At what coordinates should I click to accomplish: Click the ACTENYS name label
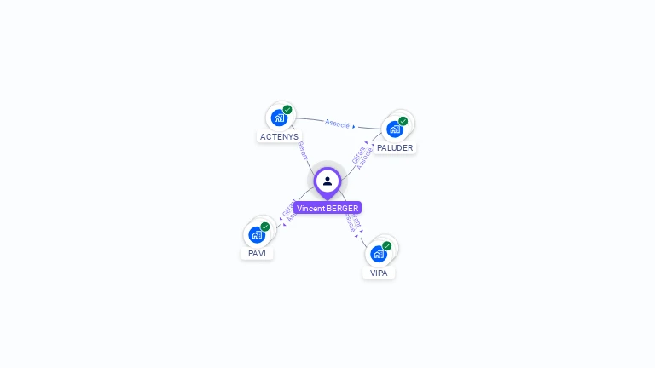coord(279,136)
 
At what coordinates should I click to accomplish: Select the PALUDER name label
coord(395,147)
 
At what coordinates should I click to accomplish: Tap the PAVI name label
coord(257,253)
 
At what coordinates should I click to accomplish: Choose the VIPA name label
coord(379,273)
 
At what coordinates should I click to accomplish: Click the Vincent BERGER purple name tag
coord(327,208)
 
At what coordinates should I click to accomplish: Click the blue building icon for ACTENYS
coord(278,118)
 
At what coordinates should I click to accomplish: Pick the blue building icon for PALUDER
coord(394,129)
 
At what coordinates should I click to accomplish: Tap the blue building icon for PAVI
coord(256,234)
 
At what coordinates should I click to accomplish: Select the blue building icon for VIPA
coord(378,254)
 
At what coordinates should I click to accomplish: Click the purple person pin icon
coord(327,181)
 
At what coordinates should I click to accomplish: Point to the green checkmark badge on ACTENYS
coord(287,110)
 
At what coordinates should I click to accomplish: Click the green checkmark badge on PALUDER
coord(403,121)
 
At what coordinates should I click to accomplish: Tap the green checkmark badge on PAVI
coord(265,227)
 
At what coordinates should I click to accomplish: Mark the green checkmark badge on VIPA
coord(387,246)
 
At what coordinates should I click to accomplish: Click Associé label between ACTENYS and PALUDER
coord(338,124)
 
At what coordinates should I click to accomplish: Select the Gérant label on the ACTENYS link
coord(302,151)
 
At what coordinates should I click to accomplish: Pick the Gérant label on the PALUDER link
coord(358,154)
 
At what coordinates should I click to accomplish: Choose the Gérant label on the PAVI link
coord(287,207)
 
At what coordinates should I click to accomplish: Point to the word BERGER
coord(342,208)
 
